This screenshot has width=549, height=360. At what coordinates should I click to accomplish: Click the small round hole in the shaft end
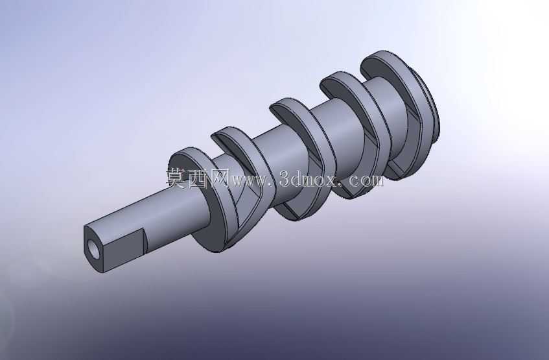(94, 248)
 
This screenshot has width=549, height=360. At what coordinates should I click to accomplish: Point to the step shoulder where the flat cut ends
(145, 241)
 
